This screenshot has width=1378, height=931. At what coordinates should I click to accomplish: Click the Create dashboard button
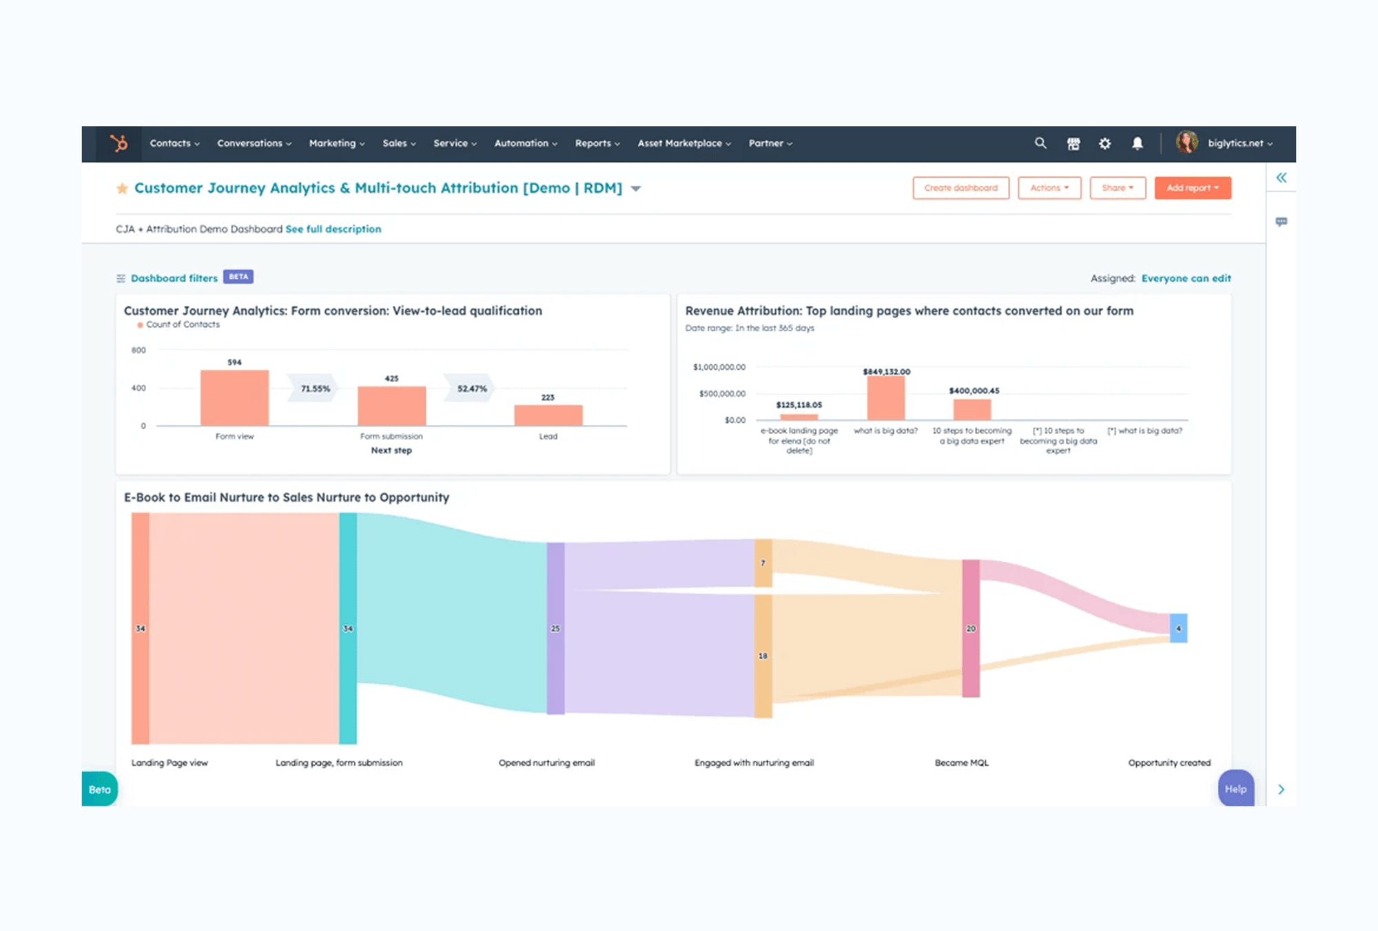coord(960,188)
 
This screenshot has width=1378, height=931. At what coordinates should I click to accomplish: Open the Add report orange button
coord(1192,188)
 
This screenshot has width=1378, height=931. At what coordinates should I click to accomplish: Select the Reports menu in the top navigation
coord(597,143)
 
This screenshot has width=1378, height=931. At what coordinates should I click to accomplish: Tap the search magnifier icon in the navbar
coord(1040,143)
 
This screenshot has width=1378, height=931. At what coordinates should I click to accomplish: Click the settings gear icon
coord(1104,143)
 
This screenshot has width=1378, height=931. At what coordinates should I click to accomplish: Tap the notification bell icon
coord(1138,143)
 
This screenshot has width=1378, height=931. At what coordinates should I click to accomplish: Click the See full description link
coord(333,229)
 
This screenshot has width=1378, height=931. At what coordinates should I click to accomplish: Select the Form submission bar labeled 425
coord(391,406)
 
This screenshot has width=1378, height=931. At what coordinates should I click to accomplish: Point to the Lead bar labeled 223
coord(548,415)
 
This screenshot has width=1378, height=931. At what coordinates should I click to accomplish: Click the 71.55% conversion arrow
coord(315,389)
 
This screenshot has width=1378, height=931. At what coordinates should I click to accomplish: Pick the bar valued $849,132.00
coord(886,398)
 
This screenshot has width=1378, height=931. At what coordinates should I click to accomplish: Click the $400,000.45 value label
coord(974,390)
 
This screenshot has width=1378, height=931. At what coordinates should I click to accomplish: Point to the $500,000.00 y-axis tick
coord(721,394)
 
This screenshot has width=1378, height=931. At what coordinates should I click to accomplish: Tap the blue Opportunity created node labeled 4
coord(1178,628)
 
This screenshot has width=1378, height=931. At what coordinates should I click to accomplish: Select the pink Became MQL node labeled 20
coord(971,628)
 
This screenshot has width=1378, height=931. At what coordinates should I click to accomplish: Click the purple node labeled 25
coord(555,628)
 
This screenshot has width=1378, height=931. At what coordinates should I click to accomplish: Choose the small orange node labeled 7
coord(763,563)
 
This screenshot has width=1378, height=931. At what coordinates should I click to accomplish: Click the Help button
coord(1235,789)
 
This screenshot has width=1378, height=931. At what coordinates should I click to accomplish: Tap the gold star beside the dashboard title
coord(122,189)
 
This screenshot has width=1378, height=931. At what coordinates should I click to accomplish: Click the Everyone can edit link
coord(1186,278)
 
